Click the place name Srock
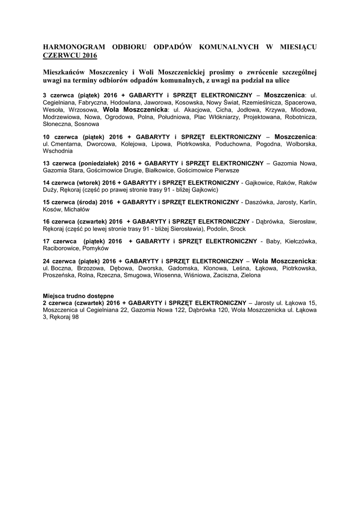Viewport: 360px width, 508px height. (x=237, y=229)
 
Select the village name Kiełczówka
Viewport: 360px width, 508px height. (x=300, y=241)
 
